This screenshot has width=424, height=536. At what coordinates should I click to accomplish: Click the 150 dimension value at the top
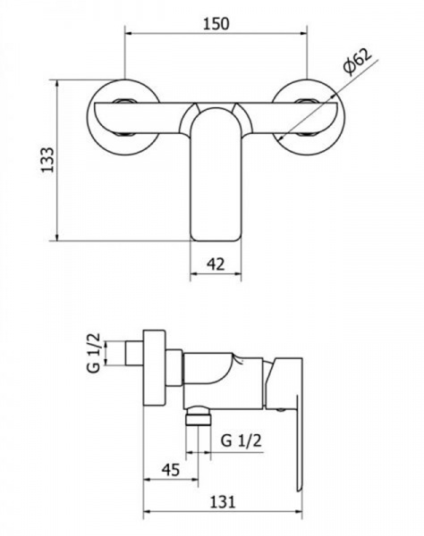216,24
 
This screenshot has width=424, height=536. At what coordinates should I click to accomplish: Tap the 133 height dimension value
47,160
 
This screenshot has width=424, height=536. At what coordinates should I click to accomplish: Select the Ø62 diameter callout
358,61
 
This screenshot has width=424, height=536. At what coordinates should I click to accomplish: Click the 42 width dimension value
216,264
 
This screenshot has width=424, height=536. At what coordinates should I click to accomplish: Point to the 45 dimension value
171,470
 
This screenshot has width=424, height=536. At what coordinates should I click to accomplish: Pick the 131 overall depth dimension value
223,502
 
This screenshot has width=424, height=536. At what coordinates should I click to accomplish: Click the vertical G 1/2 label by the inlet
94,353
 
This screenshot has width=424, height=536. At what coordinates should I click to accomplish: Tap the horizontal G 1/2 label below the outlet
241,440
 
